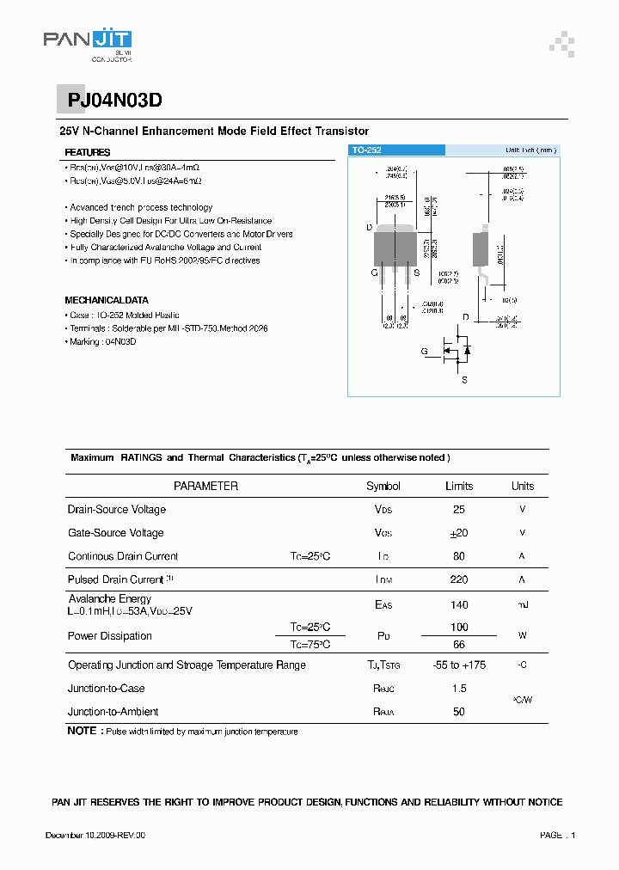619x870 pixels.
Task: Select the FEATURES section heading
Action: click(88, 153)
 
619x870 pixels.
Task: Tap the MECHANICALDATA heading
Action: click(107, 301)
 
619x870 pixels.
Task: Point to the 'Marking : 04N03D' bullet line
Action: click(102, 342)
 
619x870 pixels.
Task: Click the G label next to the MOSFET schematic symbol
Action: click(424, 352)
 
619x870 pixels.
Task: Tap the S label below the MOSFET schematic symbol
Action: click(464, 379)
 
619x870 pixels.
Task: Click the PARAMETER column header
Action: click(205, 487)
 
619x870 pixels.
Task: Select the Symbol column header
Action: click(383, 487)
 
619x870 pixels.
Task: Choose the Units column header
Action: click(522, 487)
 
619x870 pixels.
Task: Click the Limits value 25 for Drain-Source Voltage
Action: click(458, 510)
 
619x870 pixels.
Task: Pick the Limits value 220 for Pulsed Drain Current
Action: click(458, 580)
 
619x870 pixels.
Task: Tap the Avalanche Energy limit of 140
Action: click(458, 605)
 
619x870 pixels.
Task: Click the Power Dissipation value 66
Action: click(458, 645)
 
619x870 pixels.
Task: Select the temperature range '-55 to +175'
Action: click(458, 665)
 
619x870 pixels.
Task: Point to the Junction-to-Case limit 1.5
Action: click(458, 689)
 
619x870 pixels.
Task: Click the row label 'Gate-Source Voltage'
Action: click(115, 533)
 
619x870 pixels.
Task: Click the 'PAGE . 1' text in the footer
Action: click(557, 836)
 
